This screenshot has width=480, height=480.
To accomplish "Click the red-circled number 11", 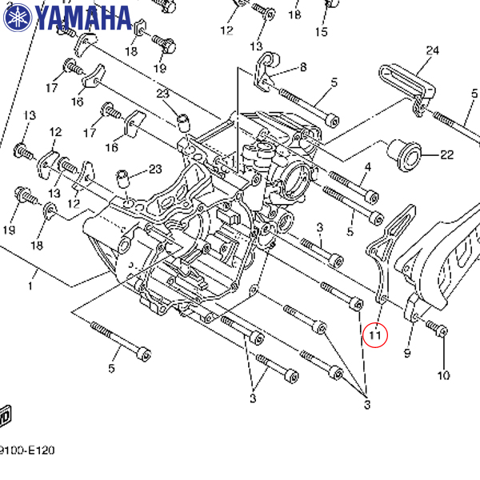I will click(x=374, y=334).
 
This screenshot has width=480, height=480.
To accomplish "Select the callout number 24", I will click(x=433, y=51).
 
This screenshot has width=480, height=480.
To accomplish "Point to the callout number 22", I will click(x=446, y=154).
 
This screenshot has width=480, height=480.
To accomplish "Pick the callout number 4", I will click(x=368, y=167).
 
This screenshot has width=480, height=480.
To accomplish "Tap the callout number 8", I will click(x=303, y=67).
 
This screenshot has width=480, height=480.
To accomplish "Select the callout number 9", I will click(x=407, y=353).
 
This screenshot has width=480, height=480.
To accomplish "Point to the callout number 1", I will click(x=33, y=285).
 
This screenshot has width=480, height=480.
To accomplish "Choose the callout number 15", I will click(x=321, y=32).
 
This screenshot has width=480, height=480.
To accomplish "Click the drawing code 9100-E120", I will click(x=27, y=450).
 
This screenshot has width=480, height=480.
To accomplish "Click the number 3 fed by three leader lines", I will click(x=367, y=405).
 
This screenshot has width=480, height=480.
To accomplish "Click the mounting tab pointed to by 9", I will click(x=413, y=308).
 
